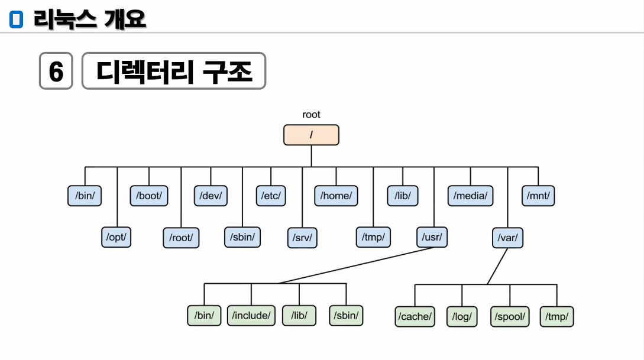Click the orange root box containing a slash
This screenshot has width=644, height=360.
[x=311, y=135]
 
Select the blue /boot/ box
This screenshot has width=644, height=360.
[x=149, y=196]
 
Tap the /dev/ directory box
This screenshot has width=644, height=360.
[x=211, y=196]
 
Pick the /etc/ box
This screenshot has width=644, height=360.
[x=271, y=196]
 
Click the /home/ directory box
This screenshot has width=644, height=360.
[x=336, y=196]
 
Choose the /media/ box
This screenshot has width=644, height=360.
[x=471, y=196]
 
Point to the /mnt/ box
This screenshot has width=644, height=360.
[x=538, y=196]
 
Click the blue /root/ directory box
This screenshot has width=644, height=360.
[x=181, y=238]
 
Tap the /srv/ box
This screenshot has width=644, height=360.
[x=302, y=238]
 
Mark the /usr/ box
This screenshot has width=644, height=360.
[x=432, y=237]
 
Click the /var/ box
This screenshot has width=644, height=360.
[x=507, y=238]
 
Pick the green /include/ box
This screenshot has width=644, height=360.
[x=251, y=315]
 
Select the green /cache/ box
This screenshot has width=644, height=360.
[x=415, y=316]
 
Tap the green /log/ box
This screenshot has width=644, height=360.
[x=462, y=316]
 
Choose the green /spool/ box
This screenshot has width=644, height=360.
[x=509, y=316]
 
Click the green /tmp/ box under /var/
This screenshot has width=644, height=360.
[x=557, y=316]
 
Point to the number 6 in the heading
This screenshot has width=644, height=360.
[x=56, y=72]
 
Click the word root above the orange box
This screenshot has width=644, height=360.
[x=311, y=115]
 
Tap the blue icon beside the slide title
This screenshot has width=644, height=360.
[x=16, y=20]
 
